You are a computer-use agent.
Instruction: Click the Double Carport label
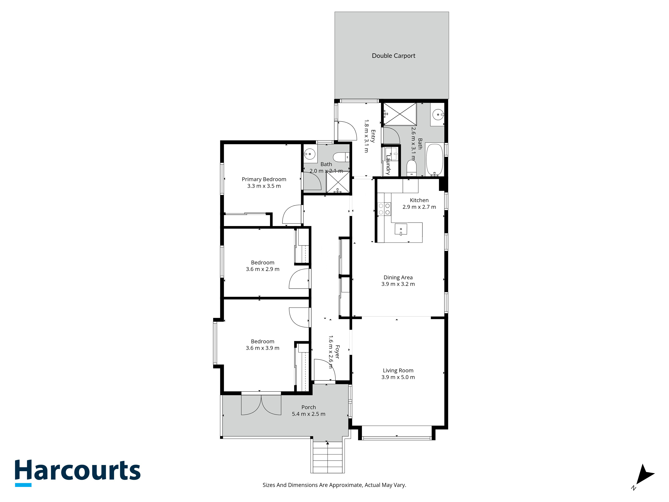coord(394,56)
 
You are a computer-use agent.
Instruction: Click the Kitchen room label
coord(419,200)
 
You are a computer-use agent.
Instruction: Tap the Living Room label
coord(398,370)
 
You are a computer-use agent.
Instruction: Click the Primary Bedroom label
coord(264,179)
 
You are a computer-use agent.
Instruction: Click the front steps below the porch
coord(327,457)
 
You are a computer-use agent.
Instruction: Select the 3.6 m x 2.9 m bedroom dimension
coord(263,269)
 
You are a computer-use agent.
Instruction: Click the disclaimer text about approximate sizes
coord(334,485)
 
